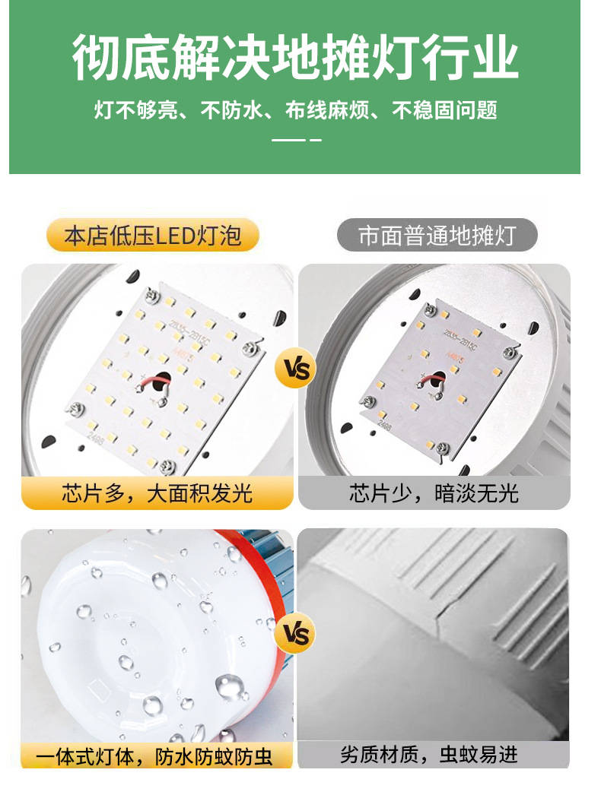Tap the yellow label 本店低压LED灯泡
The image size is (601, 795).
(153, 236)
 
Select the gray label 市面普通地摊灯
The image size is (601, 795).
(437, 236)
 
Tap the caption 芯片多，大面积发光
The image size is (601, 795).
(157, 494)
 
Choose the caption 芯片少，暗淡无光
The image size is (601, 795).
(434, 494)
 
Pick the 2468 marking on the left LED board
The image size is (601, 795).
(96, 437)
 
